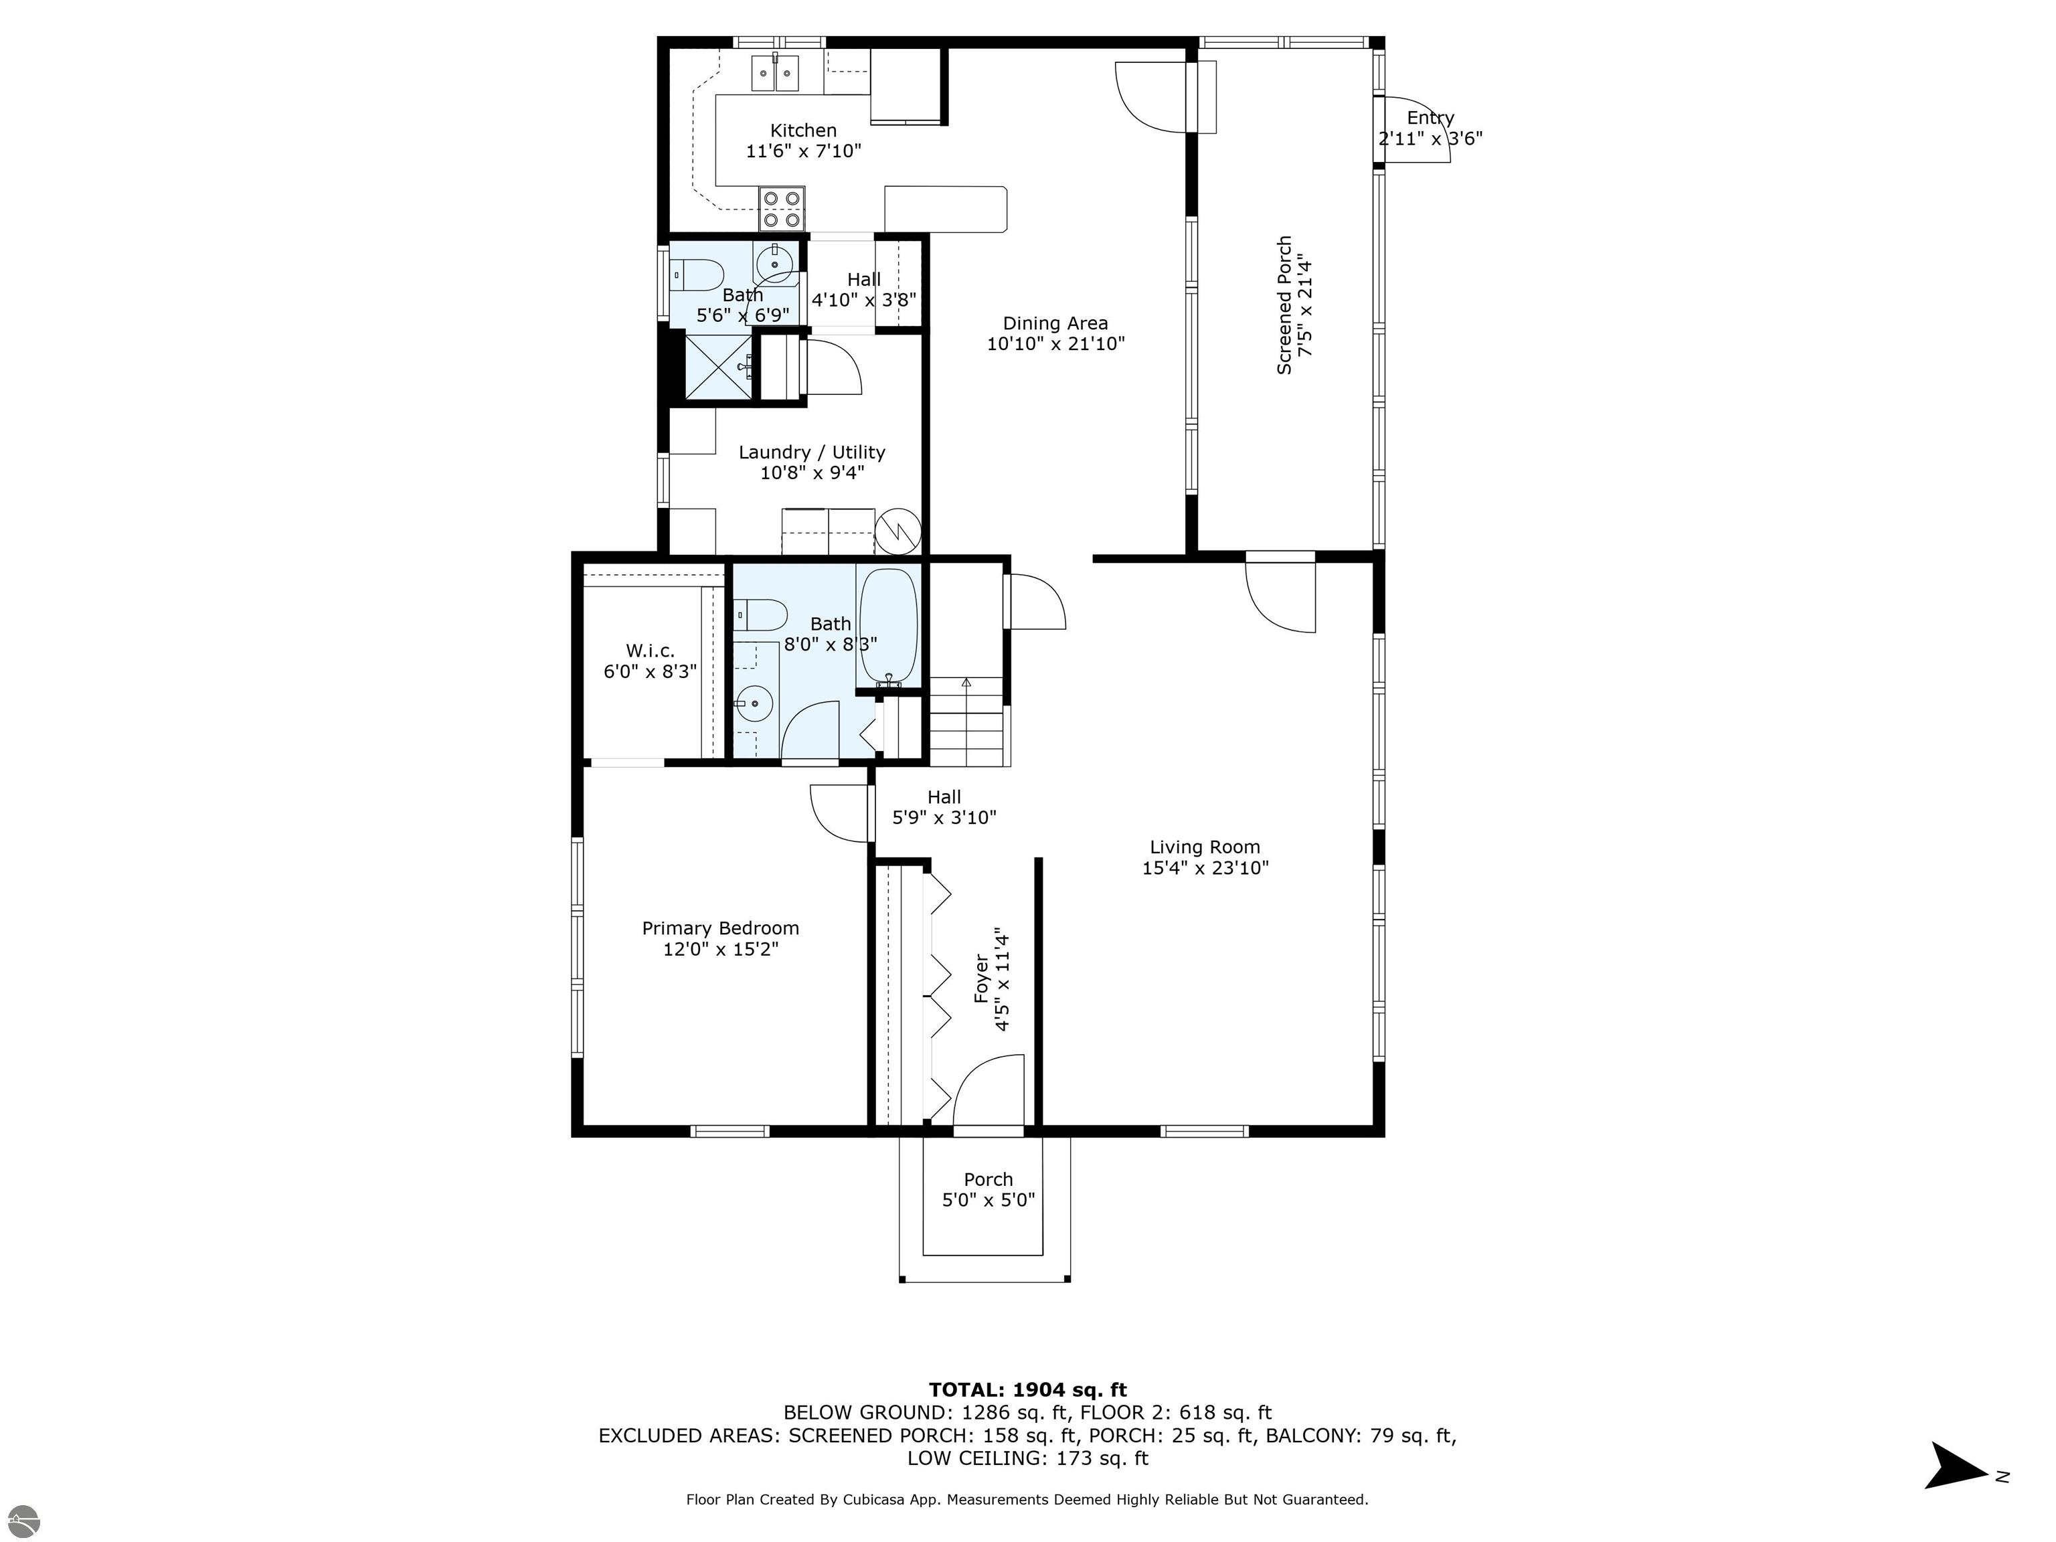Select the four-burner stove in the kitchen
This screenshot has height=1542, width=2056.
[x=782, y=209]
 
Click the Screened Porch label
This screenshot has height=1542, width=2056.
[x=1284, y=305]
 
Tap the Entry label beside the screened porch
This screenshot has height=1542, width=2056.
[x=1430, y=118]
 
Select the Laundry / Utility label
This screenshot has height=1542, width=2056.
[x=811, y=452]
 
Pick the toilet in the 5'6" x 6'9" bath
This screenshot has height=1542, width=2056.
[x=697, y=274]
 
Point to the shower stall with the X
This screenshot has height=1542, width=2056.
[x=719, y=367]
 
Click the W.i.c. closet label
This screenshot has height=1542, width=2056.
[x=650, y=651]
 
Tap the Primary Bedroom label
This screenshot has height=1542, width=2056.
[x=720, y=928]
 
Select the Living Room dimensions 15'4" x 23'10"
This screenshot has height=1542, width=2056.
[x=1205, y=868]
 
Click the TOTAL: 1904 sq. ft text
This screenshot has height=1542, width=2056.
[x=1027, y=1389]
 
